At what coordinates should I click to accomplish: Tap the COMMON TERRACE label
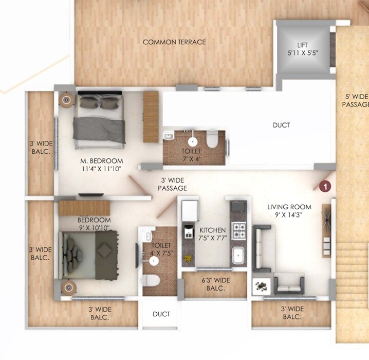(174, 42)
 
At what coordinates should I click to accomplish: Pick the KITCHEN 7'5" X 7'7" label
(213, 234)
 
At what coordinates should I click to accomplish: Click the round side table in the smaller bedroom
(68, 287)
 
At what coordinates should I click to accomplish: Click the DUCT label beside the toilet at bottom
(161, 314)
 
